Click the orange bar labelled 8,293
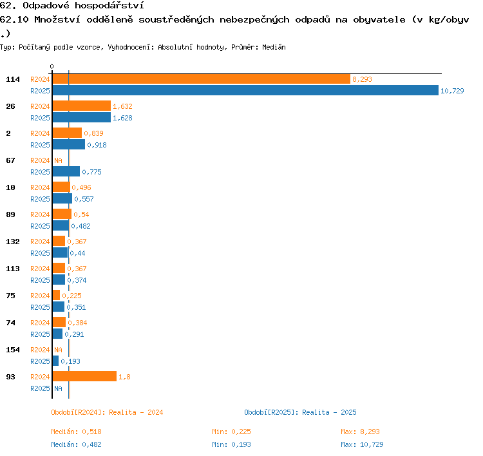pyautogui.click(x=202, y=79)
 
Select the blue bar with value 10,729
pyautogui.click(x=245, y=91)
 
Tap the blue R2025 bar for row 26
pyautogui.click(x=82, y=117)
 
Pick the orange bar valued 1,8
pyautogui.click(x=85, y=376)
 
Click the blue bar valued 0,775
pyautogui.click(x=66, y=171)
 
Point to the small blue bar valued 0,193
pyautogui.click(x=55, y=361)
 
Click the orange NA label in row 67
pyautogui.click(x=58, y=160)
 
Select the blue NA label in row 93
pyautogui.click(x=58, y=388)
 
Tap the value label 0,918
pyautogui.click(x=97, y=145)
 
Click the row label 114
pyautogui.click(x=13, y=79)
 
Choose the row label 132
pyautogui.click(x=13, y=242)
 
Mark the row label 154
pyautogui.click(x=13, y=350)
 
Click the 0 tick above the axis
pyautogui.click(x=52, y=66)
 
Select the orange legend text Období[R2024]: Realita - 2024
pyautogui.click(x=107, y=413)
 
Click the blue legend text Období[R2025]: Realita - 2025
pyautogui.click(x=300, y=413)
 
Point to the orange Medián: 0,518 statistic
pyautogui.click(x=77, y=432)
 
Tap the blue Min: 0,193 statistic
pyautogui.click(x=231, y=444)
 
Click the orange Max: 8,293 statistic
pyautogui.click(x=360, y=432)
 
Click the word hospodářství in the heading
pyautogui.click(x=109, y=6)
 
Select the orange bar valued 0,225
pyautogui.click(x=56, y=295)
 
